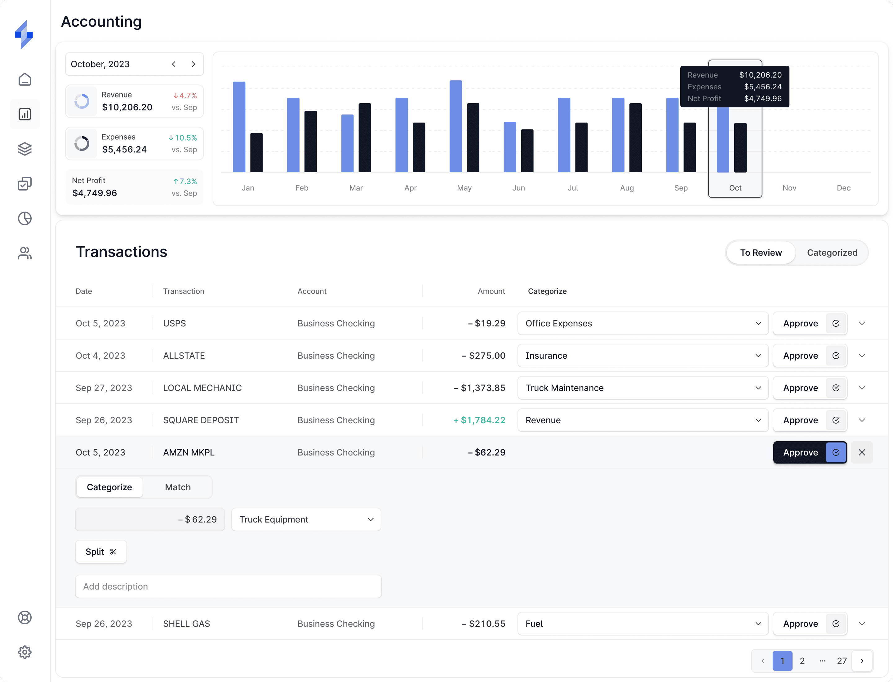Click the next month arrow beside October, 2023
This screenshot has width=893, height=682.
[193, 64]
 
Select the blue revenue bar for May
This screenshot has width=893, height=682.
[455, 126]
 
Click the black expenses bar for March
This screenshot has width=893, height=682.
[364, 138]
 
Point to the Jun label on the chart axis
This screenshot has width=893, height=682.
[518, 188]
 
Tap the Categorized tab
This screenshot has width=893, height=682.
[832, 253]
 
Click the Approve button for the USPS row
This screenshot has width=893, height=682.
[800, 324]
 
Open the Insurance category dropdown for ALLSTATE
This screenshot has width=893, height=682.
[642, 356]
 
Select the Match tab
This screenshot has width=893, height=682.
[178, 487]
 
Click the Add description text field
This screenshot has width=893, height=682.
[228, 586]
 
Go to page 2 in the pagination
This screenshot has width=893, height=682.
[802, 661]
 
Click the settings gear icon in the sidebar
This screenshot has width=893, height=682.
[25, 652]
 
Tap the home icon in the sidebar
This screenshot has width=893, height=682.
[25, 79]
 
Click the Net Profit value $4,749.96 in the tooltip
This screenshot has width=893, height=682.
[762, 99]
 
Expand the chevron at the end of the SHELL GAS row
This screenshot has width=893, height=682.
[862, 624]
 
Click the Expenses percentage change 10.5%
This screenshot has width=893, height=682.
[183, 138]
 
